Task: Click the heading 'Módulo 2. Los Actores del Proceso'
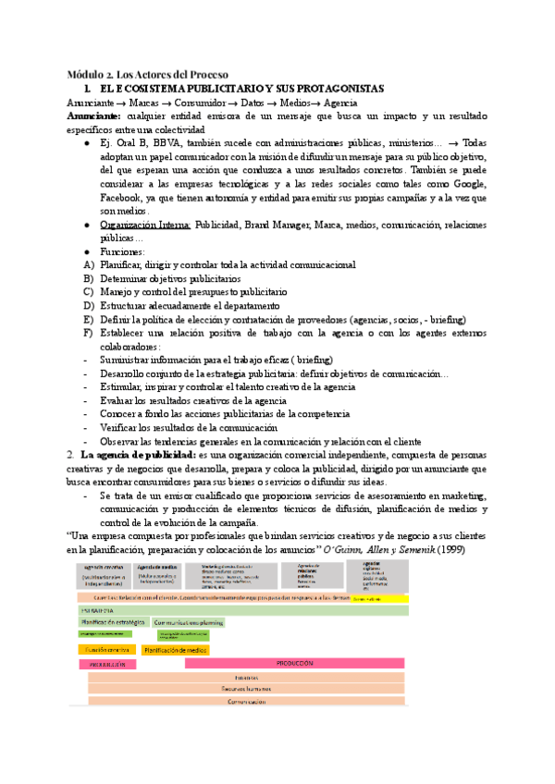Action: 148,74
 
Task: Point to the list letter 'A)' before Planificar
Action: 88,264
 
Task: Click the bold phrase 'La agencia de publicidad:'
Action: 137,455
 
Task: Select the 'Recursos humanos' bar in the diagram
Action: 246,690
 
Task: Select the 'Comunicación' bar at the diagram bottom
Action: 246,703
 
